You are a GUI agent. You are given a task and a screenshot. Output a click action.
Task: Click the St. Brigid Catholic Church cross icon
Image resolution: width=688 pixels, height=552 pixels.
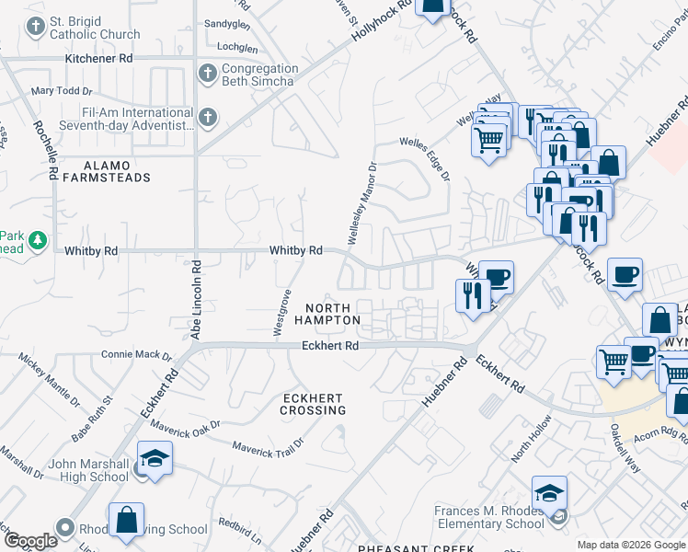(36, 27)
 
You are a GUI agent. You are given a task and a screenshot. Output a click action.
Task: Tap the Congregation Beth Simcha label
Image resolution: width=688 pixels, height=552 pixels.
(258, 75)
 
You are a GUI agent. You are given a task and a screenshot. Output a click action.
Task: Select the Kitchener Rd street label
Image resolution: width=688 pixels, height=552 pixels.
(99, 58)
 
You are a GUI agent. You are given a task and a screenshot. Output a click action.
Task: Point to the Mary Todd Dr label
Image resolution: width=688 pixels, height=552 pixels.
(62, 91)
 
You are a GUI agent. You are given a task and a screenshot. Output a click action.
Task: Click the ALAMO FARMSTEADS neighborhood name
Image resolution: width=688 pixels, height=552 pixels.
(104, 171)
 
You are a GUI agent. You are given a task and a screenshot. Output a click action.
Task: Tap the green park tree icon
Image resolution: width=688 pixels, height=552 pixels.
(37, 241)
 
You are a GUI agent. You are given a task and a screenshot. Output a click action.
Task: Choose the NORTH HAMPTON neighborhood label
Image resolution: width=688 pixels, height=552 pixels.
(327, 314)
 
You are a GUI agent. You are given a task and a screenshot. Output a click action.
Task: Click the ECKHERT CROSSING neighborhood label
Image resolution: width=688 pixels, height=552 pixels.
(313, 404)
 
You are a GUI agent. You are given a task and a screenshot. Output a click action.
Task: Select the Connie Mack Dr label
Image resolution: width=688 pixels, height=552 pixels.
(136, 354)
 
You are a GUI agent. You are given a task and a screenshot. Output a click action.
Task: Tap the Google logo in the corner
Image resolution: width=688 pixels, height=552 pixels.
(30, 541)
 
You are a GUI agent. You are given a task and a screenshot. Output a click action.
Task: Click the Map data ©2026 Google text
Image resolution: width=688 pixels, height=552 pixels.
(630, 545)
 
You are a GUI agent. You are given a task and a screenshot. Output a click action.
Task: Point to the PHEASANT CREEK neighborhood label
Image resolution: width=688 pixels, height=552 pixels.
(416, 547)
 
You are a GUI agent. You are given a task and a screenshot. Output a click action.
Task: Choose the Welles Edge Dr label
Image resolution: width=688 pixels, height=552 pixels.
(424, 158)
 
